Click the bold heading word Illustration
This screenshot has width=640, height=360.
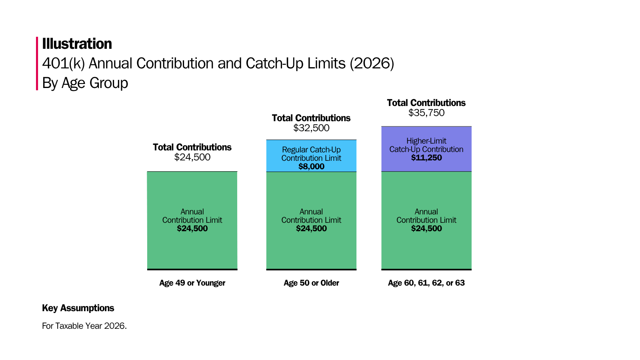pyautogui.click(x=77, y=44)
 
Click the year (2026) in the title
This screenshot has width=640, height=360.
pyautogui.click(x=372, y=64)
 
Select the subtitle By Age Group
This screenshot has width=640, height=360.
pyautogui.click(x=85, y=83)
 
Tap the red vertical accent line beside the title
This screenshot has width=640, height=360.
pyautogui.click(x=37, y=63)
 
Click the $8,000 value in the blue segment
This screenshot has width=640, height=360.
pyautogui.click(x=311, y=166)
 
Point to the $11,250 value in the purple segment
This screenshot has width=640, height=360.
pyautogui.click(x=426, y=158)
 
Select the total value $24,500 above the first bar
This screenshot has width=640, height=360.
pyautogui.click(x=192, y=157)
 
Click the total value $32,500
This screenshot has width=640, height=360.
pyautogui.click(x=311, y=128)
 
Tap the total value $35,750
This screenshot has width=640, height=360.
pyautogui.click(x=426, y=113)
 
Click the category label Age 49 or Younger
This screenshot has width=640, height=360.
pyautogui.click(x=192, y=283)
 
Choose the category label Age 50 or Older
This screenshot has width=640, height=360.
pyautogui.click(x=311, y=283)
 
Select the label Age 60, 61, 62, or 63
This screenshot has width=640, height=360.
pyautogui.click(x=426, y=283)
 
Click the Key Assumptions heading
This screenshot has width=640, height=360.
pyautogui.click(x=78, y=308)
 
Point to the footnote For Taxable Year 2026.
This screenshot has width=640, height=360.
pyautogui.click(x=84, y=326)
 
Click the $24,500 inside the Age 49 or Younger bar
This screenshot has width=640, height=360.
pyautogui.click(x=192, y=229)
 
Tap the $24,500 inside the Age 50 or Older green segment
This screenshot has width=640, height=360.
pyautogui.click(x=311, y=229)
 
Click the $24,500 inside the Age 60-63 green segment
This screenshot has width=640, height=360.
pyautogui.click(x=426, y=229)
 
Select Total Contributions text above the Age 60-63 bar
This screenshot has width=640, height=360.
pyautogui.click(x=426, y=103)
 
